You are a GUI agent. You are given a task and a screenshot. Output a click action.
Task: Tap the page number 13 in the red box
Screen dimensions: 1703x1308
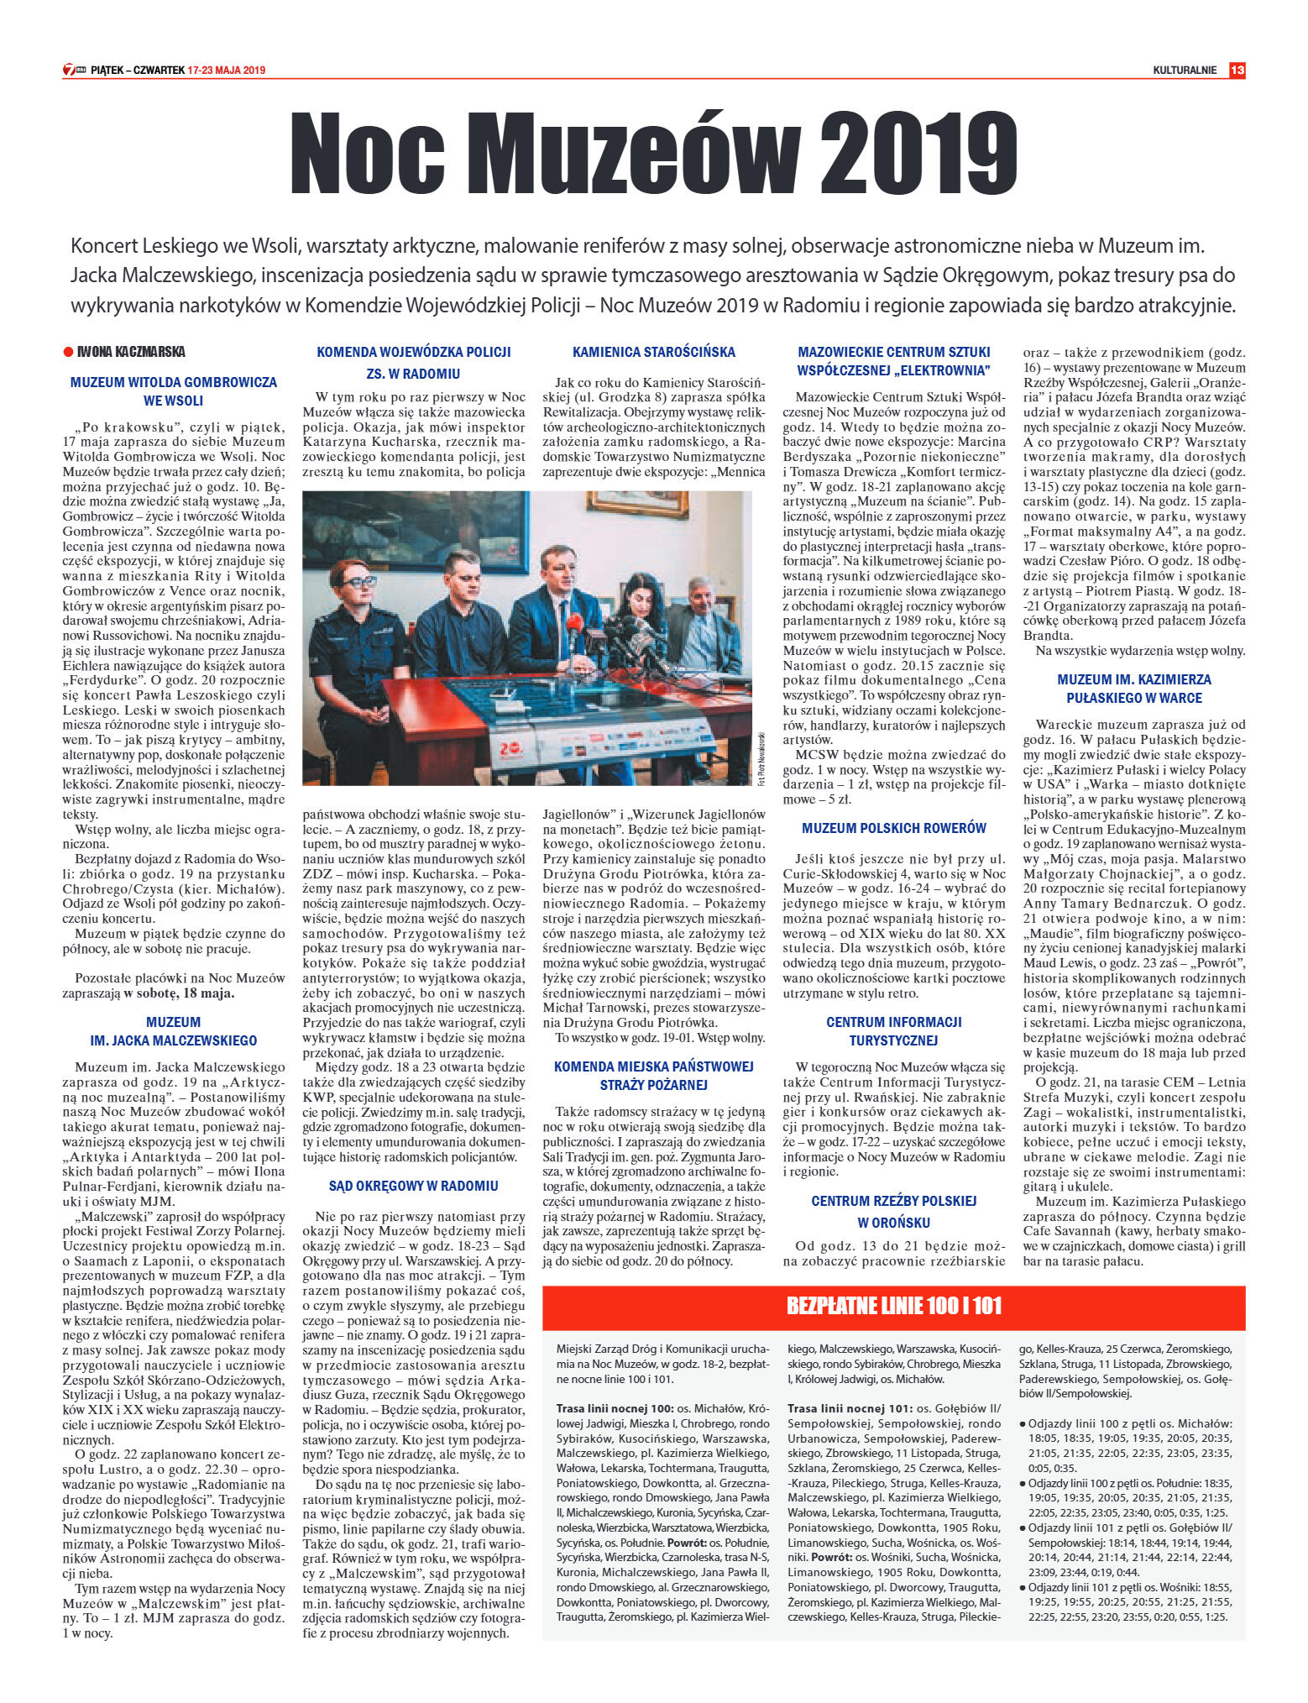(x=1237, y=71)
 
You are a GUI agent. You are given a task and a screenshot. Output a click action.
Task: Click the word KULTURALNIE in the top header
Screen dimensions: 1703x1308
(x=1184, y=71)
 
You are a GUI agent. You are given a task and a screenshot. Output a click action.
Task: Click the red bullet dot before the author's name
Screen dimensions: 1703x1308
(x=68, y=352)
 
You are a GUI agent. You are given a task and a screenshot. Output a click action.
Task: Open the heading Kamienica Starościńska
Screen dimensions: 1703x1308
(x=653, y=352)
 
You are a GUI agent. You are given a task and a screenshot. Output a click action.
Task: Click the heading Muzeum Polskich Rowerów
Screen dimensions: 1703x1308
(x=893, y=828)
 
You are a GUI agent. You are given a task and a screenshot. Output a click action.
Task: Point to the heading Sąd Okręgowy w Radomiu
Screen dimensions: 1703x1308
(x=413, y=1186)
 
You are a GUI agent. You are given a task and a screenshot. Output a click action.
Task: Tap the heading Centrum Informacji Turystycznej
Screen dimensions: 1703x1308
(x=893, y=1031)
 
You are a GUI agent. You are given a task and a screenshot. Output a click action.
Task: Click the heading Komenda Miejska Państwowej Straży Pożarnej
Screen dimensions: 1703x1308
(x=653, y=1076)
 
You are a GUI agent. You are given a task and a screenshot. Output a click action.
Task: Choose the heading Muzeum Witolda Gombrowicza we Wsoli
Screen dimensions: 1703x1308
(x=173, y=391)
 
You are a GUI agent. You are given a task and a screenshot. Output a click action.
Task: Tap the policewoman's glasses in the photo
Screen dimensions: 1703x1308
(x=353, y=582)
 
